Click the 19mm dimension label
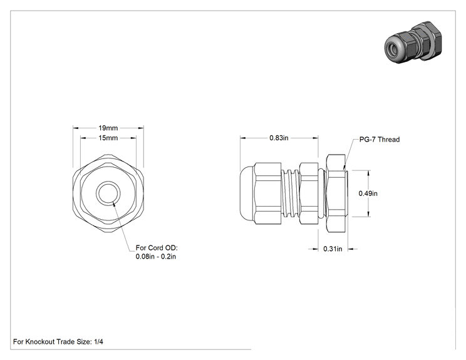tap(108, 128)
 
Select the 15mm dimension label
tap(108, 138)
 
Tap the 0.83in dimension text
tap(279, 138)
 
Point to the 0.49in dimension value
tap(368, 193)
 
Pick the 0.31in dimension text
tap(333, 249)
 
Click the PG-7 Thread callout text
tap(380, 140)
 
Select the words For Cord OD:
tap(157, 248)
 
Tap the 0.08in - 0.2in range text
tap(156, 256)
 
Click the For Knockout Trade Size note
tap(58, 342)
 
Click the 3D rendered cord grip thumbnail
tap(413, 42)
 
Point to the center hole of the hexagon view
tap(108, 193)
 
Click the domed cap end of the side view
tap(247, 193)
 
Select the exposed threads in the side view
tap(291, 193)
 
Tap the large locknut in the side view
tap(336, 193)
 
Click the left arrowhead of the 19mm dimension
tap(76, 128)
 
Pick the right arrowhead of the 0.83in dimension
tap(315, 138)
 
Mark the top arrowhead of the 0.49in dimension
tap(368, 173)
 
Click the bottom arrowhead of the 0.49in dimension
tap(368, 214)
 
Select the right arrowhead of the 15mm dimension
tap(133, 138)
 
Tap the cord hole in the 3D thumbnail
tap(391, 48)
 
